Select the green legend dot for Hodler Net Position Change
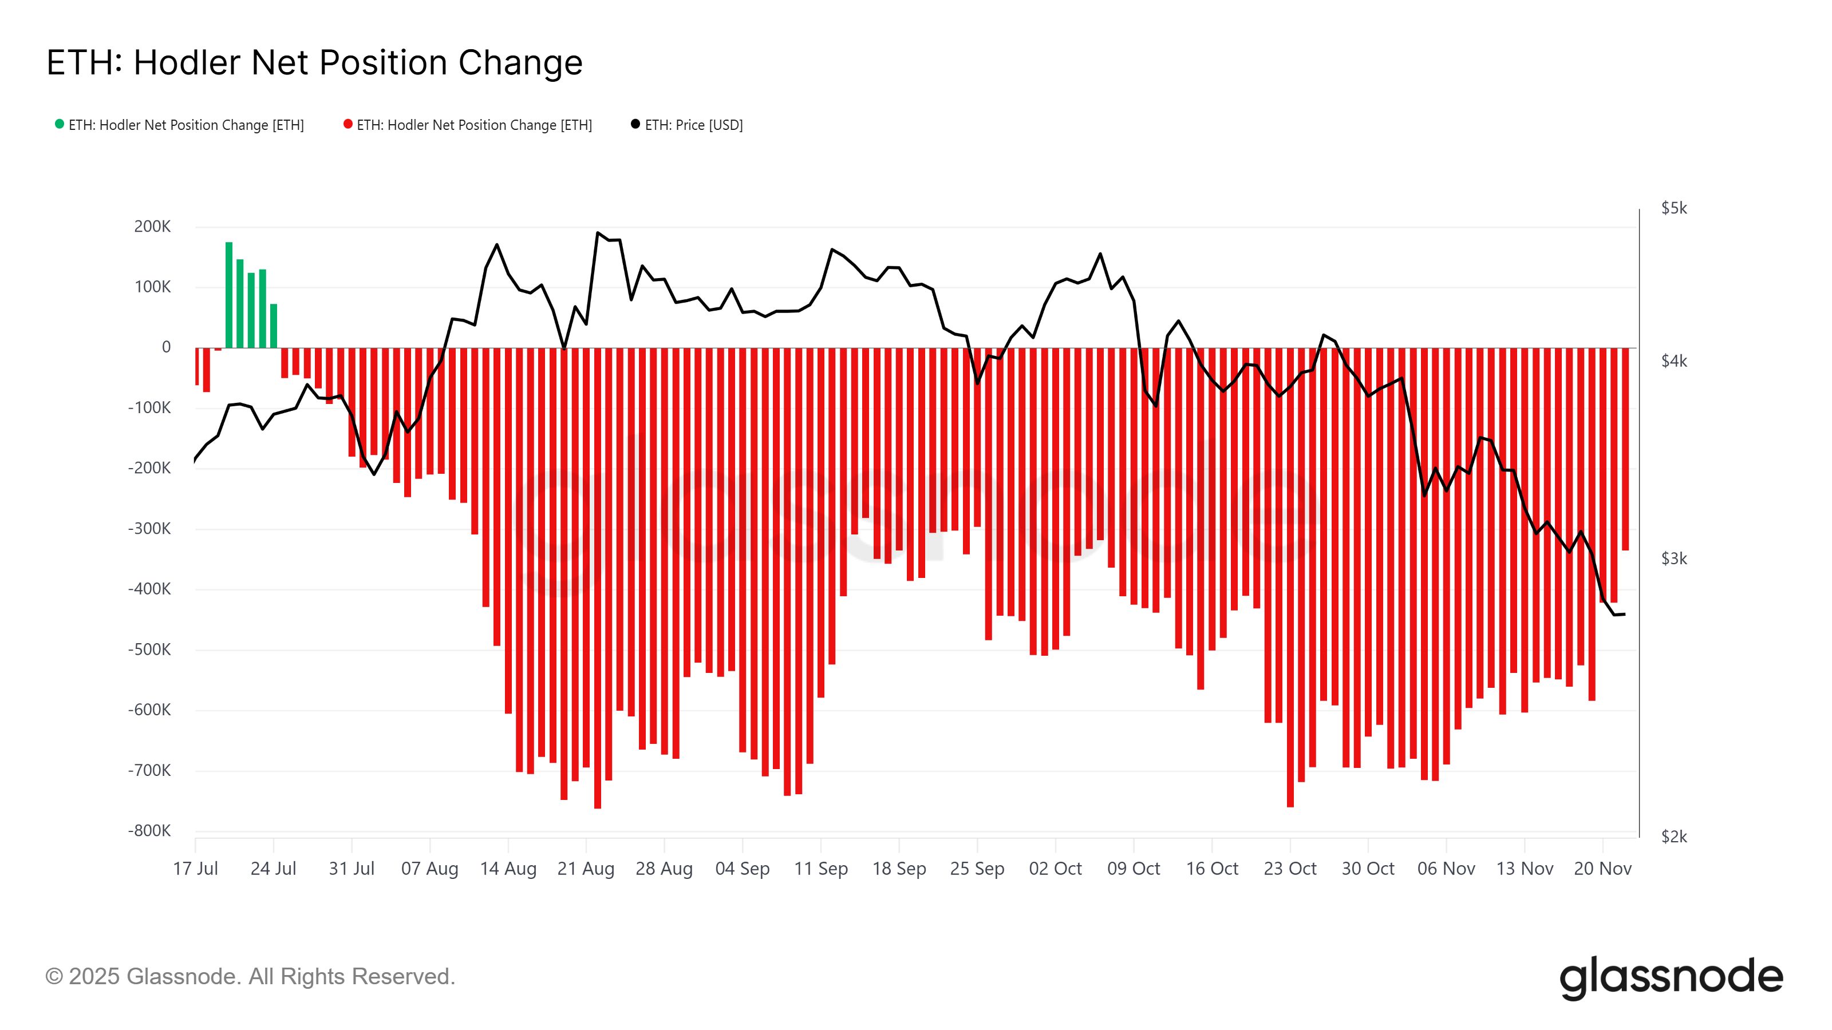[x=60, y=124]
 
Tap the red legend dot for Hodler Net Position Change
[x=348, y=124]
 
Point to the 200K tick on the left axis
[x=152, y=227]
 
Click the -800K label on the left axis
[x=149, y=831]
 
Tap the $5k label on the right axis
[x=1673, y=208]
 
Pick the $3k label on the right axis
[x=1673, y=558]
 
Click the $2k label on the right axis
[x=1673, y=837]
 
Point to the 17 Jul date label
[x=196, y=869]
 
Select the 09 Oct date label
[x=1133, y=869]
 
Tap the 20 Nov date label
[x=1602, y=869]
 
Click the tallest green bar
[x=229, y=295]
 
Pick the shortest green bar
[x=274, y=326]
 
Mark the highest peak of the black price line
[x=597, y=232]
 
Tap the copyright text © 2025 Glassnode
[x=250, y=977]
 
